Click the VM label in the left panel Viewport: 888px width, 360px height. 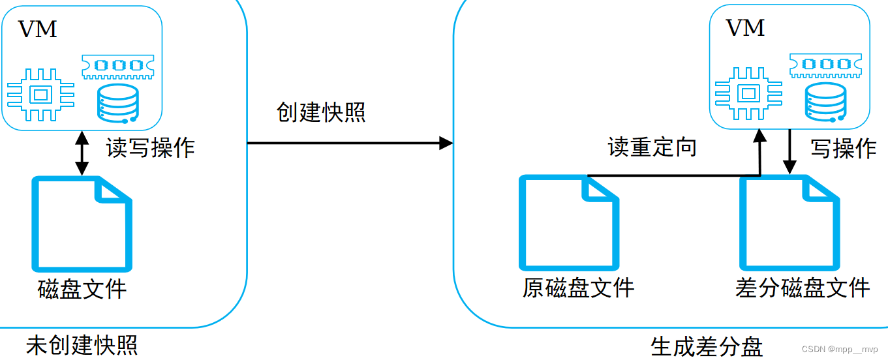[38, 30]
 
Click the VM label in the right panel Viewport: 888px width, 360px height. [745, 28]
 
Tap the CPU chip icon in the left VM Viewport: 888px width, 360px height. [39, 95]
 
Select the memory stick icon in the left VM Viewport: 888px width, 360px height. [119, 65]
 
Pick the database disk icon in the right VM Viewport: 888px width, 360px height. [826, 103]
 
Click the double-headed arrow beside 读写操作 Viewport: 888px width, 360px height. [82, 153]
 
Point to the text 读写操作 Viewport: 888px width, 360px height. [151, 148]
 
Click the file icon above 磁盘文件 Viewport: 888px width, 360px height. [82, 224]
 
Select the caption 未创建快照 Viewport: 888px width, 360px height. [82, 345]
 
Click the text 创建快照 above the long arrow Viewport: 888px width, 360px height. [321, 112]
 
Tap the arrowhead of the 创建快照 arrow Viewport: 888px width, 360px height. [446, 143]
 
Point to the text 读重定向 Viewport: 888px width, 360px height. [652, 147]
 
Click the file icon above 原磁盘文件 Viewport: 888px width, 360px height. [568, 222]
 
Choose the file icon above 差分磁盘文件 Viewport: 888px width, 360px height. [789, 222]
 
